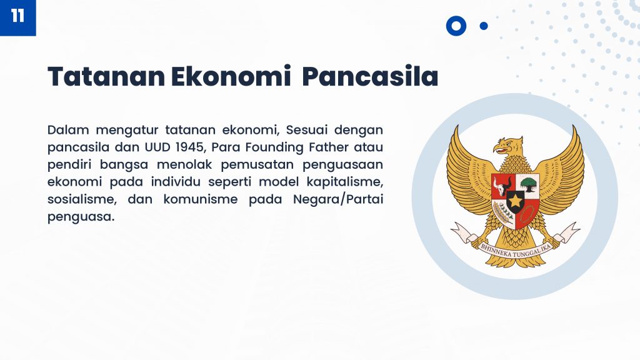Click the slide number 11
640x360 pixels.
17,16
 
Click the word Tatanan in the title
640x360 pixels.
106,76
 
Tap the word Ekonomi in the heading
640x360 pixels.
231,76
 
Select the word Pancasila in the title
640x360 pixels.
370,76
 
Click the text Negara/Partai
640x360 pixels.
338,199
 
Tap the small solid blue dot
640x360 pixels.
484,26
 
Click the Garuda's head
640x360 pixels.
508,146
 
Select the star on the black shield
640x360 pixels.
516,201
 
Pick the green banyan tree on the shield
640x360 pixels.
529,183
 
